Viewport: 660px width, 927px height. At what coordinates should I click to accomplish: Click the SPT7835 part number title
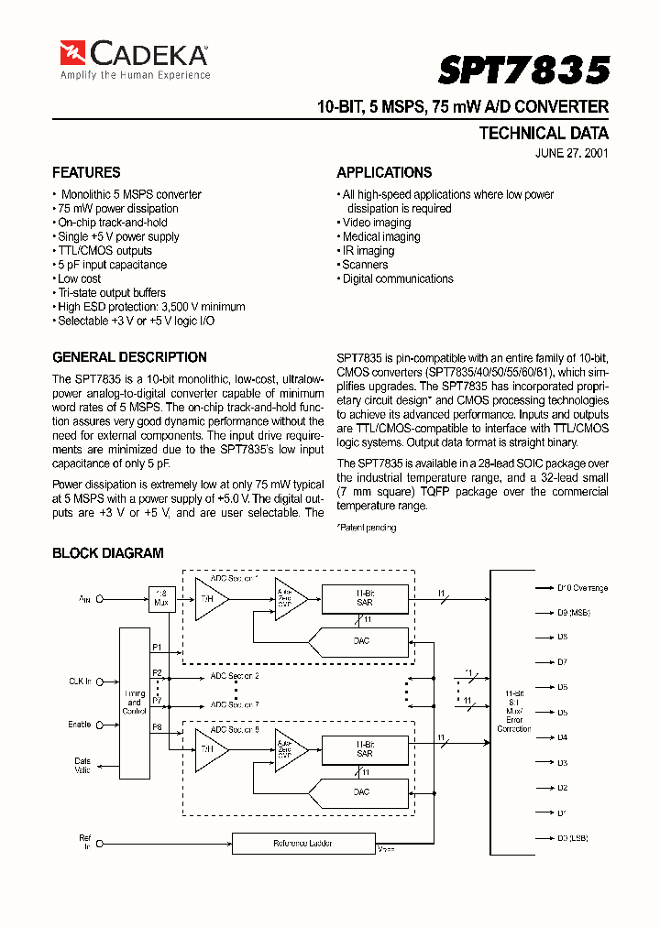click(x=523, y=71)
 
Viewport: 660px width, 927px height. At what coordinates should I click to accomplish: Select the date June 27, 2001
click(x=571, y=153)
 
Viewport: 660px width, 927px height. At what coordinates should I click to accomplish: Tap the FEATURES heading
click(x=86, y=172)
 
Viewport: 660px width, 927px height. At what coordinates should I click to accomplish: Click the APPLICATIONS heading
click(x=384, y=172)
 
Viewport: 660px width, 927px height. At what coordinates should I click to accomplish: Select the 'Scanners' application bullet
click(x=365, y=265)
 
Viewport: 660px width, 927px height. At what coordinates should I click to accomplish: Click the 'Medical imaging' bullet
click(x=380, y=236)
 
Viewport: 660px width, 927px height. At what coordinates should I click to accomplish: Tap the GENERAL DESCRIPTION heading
click(x=129, y=357)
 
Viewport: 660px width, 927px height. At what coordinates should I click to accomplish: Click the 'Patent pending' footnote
click(x=367, y=528)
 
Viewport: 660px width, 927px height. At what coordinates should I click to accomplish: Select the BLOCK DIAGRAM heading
click(x=107, y=553)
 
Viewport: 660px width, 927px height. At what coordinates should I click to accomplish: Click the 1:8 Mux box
click(x=161, y=599)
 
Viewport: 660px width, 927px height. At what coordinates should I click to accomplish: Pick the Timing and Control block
click(x=135, y=703)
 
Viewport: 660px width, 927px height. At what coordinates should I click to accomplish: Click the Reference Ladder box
click(x=303, y=843)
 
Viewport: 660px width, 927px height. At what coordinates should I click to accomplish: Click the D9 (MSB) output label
click(x=573, y=612)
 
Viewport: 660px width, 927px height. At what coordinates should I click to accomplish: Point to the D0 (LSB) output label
click(x=572, y=838)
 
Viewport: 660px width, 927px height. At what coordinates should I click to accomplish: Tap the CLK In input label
click(x=82, y=681)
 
